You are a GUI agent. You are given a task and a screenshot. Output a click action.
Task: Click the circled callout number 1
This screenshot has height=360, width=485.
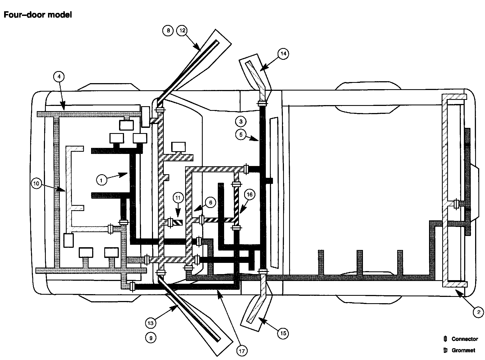tap(101, 180)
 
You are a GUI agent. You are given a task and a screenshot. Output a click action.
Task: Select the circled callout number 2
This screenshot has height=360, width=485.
tap(478, 312)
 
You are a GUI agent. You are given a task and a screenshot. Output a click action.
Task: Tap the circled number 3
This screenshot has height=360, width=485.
tap(241, 121)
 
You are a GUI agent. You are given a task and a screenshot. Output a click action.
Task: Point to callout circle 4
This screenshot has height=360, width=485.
tap(59, 77)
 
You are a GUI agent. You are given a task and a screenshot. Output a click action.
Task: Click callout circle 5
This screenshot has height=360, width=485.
tap(241, 134)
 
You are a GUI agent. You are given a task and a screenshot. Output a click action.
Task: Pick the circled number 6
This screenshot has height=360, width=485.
tap(210, 203)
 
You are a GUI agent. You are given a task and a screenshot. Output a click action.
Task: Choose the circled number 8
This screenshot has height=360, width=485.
tap(168, 30)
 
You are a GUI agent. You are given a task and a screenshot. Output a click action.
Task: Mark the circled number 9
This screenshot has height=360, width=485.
tap(151, 338)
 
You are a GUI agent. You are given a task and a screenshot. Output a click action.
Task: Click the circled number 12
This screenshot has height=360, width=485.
tap(182, 30)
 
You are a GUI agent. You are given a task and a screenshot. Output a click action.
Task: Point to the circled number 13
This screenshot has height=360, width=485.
tap(151, 323)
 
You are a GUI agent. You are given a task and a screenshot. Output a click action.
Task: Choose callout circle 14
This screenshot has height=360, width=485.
tap(283, 54)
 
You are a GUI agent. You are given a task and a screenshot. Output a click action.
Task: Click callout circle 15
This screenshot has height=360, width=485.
tap(283, 333)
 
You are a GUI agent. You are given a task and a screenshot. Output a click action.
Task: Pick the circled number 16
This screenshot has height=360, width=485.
tap(249, 195)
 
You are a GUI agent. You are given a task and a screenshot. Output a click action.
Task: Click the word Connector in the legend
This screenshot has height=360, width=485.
tap(465, 339)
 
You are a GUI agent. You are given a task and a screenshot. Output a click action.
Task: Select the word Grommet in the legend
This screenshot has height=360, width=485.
tap(463, 350)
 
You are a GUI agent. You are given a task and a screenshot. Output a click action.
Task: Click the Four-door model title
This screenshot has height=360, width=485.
tap(38, 15)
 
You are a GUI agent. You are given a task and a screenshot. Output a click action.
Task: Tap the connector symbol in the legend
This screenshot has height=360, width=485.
tap(445, 339)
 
